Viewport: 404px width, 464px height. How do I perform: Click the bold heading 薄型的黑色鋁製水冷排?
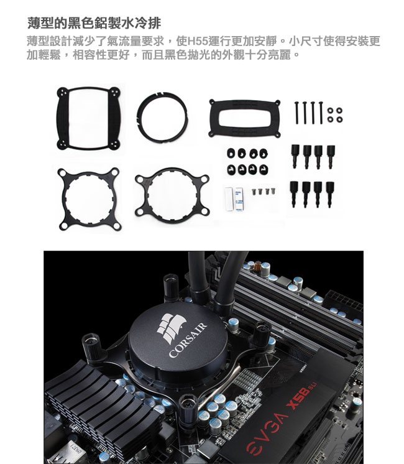pos(94,23)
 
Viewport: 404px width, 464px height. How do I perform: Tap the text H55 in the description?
pos(198,41)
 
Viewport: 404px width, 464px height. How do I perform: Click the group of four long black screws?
pos(309,113)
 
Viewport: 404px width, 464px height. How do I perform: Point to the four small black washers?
pos(335,115)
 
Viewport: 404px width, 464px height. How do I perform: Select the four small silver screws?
pos(264,192)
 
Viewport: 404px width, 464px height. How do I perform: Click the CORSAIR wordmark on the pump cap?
pos(188,340)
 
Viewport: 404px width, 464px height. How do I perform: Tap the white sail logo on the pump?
pos(171,328)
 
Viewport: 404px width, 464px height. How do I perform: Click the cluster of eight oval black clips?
pos(248,162)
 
